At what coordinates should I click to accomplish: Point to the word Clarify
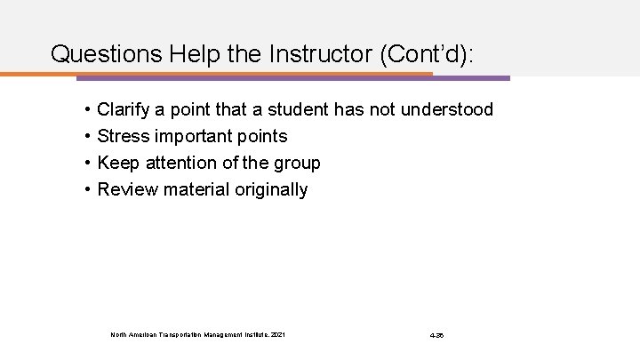[124, 110]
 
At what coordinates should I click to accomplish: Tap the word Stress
[124, 137]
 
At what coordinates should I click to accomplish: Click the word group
[297, 164]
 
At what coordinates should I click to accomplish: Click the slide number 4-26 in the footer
[436, 334]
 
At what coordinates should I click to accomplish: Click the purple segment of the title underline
[471, 77]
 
